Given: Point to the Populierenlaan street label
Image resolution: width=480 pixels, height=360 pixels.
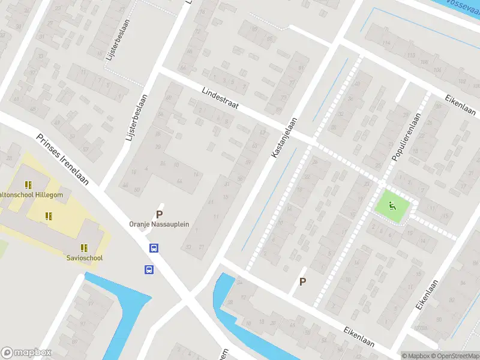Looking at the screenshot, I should pos(407,137).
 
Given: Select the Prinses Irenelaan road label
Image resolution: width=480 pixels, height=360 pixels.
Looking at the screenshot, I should pos(62,159).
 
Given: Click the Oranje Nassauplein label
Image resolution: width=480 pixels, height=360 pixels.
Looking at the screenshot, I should pos(159,224).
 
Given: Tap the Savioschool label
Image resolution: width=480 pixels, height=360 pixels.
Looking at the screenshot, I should pos(85,258).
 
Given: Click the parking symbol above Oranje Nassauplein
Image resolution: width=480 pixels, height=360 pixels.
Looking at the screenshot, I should pos(159,214).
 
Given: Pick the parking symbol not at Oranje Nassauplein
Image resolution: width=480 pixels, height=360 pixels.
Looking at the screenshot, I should pos(302,281).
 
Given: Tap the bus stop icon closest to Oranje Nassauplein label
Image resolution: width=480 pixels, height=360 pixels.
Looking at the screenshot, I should pos(154,248).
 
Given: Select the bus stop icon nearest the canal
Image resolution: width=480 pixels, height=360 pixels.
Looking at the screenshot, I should pos(149,269).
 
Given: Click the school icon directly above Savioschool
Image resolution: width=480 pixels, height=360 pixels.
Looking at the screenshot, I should pos(84,247).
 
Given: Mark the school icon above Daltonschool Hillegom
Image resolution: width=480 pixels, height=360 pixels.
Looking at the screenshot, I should pos(28,185).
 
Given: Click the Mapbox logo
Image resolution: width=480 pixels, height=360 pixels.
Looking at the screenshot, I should pos(26,353).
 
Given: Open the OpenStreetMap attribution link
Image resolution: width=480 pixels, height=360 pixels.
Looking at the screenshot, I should pos(455,356).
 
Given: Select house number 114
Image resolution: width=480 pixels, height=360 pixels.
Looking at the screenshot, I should pos(411,56).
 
